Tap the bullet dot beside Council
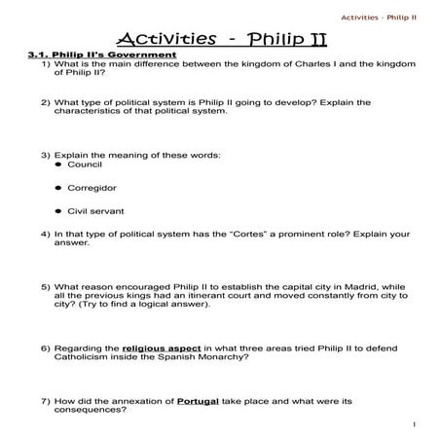coord(58,165)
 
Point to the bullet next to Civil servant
coord(58,209)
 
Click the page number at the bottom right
coord(415,425)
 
